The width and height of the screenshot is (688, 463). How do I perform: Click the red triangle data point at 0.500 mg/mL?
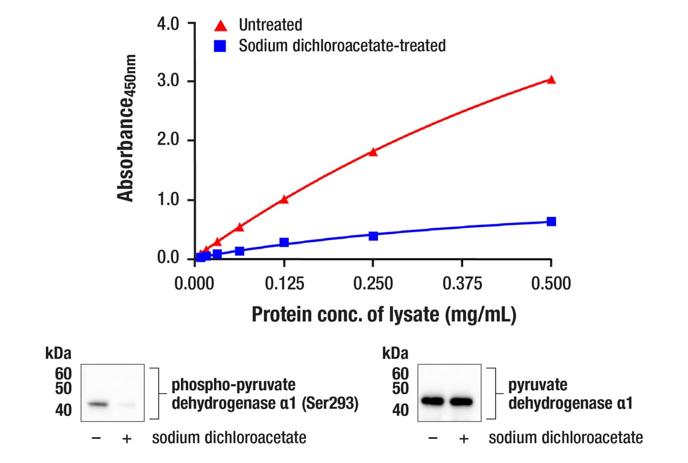tap(551, 80)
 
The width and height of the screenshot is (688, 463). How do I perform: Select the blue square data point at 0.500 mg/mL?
tap(551, 221)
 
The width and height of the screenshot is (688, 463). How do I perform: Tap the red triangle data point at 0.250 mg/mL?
tap(373, 152)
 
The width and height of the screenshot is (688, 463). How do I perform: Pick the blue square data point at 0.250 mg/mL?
tap(373, 236)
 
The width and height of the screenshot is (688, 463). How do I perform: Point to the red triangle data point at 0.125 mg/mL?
tap(284, 199)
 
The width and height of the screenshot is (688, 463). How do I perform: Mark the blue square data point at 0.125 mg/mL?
tap(284, 242)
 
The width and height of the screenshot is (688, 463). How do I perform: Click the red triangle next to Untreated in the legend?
tap(221, 25)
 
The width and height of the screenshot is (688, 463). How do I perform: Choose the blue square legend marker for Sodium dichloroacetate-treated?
tap(221, 46)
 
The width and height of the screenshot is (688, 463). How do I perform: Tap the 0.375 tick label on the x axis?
tap(462, 283)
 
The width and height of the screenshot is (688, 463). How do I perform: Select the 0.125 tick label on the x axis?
tap(284, 283)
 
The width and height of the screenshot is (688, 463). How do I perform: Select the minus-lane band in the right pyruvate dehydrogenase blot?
tap(432, 401)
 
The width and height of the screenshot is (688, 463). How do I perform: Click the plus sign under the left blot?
tap(127, 438)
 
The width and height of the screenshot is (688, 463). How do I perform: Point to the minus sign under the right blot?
tap(432, 438)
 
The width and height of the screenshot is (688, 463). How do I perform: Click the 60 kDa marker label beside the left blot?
tap(63, 374)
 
